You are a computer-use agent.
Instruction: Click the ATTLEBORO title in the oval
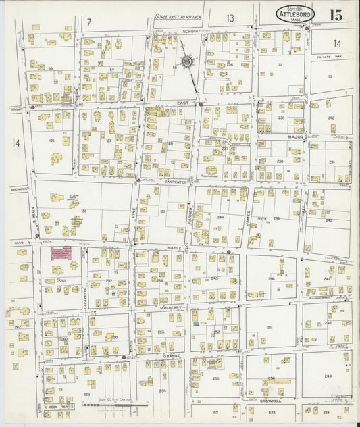point(294,13)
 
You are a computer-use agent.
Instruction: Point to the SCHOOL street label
point(191,31)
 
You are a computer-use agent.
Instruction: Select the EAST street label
point(182,103)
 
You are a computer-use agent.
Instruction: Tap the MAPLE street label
point(174,248)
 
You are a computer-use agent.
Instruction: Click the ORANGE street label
point(170,355)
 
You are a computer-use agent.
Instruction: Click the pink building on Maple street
point(61,253)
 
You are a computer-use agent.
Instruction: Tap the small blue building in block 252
point(196,325)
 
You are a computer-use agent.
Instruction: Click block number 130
point(84,211)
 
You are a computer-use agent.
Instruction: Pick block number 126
point(51,141)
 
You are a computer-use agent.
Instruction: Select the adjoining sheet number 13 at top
point(230,18)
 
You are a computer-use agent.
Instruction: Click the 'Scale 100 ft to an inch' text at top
point(178,16)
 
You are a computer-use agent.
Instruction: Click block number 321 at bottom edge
point(215,411)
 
